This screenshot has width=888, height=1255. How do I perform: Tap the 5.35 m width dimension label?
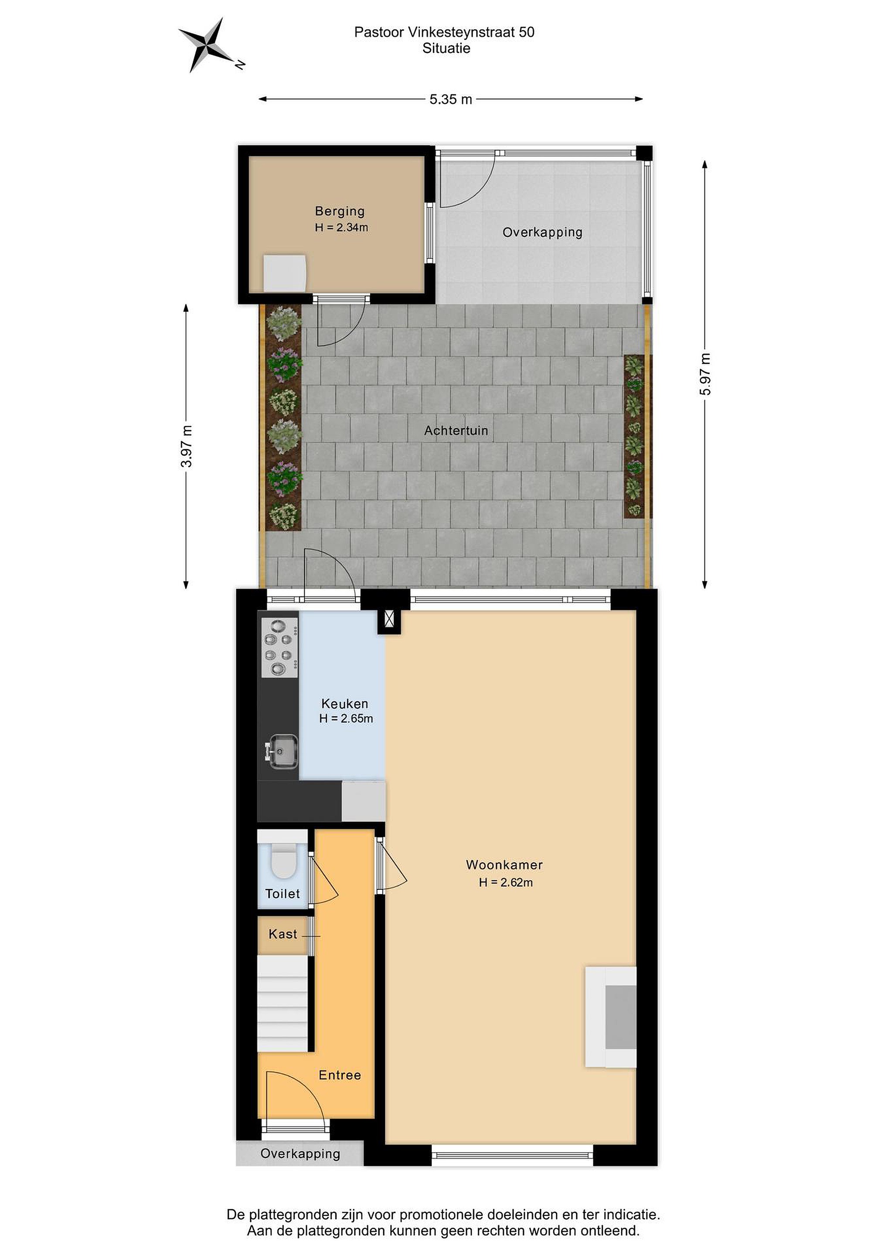click(x=451, y=99)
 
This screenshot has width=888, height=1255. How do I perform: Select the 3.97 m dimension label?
click(x=187, y=446)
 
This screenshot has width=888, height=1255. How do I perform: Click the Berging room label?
click(x=340, y=211)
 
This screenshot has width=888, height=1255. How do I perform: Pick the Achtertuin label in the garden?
click(x=456, y=431)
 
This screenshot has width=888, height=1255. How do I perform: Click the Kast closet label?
click(x=282, y=934)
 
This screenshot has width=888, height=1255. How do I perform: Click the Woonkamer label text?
click(x=504, y=865)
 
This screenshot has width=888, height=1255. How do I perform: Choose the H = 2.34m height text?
click(x=341, y=227)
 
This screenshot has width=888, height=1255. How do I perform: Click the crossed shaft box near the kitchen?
click(x=389, y=619)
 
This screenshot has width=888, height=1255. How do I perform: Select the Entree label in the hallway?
click(x=340, y=1075)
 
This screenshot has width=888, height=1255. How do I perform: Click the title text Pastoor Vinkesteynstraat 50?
click(x=444, y=32)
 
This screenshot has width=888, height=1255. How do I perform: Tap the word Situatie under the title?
click(x=446, y=48)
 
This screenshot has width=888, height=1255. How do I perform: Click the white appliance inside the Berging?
click(x=284, y=273)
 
